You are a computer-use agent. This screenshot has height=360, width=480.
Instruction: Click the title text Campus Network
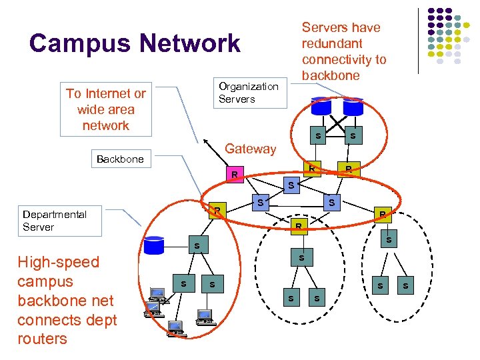[x=134, y=43]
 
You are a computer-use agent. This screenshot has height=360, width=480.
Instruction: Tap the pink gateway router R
[x=234, y=175]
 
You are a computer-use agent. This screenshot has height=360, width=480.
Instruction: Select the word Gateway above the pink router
[x=250, y=149]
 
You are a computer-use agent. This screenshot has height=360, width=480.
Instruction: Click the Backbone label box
[x=120, y=159]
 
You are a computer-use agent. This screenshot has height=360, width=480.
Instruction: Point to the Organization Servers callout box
[x=249, y=93]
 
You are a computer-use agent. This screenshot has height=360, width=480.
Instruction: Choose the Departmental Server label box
[x=61, y=221]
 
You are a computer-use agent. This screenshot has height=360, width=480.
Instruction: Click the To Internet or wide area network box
[x=105, y=109]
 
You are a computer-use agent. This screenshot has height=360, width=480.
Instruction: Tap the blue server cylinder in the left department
[x=153, y=245]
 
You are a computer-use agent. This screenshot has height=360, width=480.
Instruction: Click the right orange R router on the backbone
[x=348, y=169]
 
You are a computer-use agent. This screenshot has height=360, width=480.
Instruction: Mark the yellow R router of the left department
[x=217, y=210]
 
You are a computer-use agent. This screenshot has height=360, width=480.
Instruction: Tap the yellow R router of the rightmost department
[x=381, y=214]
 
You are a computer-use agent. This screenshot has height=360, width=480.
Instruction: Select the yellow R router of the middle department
[x=299, y=227]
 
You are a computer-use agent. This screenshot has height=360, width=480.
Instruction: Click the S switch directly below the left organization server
[x=318, y=137]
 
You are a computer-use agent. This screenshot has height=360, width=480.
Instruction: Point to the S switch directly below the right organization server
[x=352, y=136]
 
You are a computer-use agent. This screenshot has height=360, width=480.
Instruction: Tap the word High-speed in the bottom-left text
[x=58, y=262]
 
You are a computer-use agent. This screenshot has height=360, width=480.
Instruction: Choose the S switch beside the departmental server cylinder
[x=196, y=247]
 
